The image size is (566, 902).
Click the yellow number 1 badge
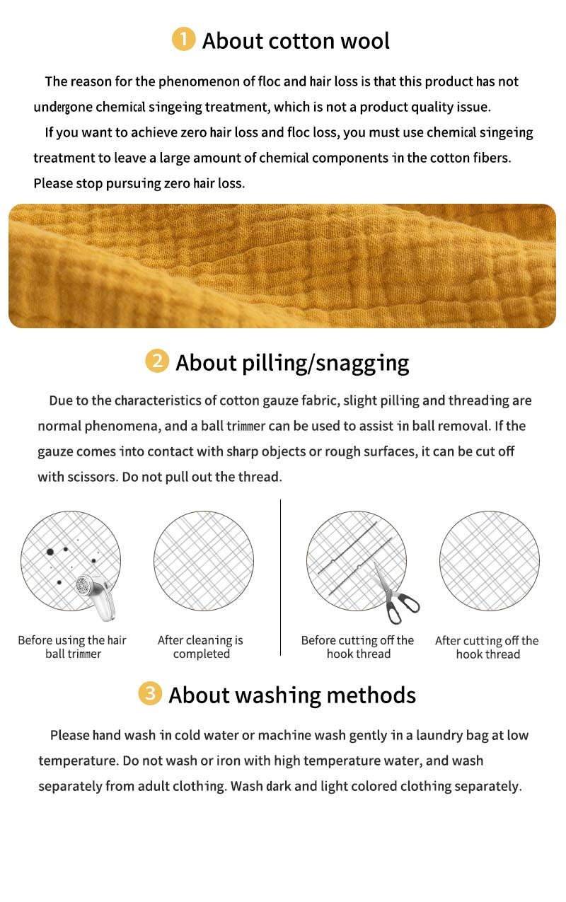tap(184, 39)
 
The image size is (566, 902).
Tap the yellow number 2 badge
tap(157, 361)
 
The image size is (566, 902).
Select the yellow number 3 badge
tap(150, 693)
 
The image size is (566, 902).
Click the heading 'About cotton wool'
tap(296, 40)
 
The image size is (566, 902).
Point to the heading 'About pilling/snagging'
tap(292, 363)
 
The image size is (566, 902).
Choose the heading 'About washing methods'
tap(292, 695)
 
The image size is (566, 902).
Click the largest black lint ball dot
tap(50, 552)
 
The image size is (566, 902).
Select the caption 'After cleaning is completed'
tap(201, 647)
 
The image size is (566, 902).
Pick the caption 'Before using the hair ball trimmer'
tap(72, 647)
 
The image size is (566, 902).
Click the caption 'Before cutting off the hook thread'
tap(358, 647)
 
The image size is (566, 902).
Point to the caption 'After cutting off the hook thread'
tap(487, 647)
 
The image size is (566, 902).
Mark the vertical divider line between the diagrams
tap(280, 577)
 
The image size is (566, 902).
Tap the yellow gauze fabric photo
tap(282, 266)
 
